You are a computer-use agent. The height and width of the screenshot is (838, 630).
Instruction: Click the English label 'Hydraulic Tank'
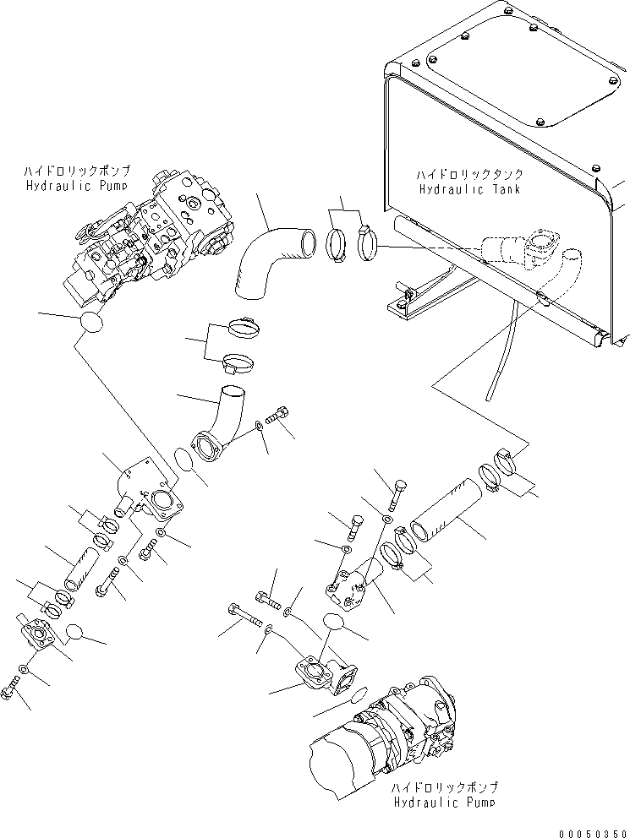point(469,188)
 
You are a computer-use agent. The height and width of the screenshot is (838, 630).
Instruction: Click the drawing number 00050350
point(593,833)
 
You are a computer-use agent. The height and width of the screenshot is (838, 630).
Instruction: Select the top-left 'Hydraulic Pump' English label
point(77,186)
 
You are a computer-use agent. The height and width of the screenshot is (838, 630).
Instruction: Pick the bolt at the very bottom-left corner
point(11,688)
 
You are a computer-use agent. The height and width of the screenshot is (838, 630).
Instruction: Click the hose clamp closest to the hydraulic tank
point(367,242)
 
